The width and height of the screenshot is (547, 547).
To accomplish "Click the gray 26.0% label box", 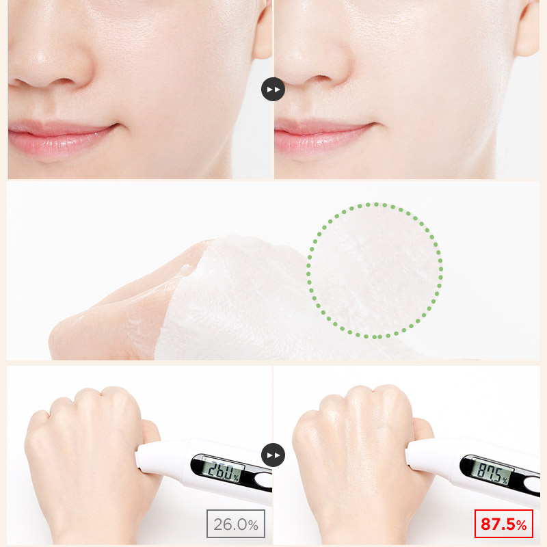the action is tap(236, 524).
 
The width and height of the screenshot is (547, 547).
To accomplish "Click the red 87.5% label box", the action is tap(503, 524).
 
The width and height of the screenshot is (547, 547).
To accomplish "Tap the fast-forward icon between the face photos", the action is tap(273, 90).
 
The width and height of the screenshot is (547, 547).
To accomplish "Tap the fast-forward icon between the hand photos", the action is tap(273, 455).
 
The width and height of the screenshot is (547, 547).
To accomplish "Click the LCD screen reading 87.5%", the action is tap(492, 472).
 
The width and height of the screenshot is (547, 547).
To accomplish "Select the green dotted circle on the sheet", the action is tap(375, 203).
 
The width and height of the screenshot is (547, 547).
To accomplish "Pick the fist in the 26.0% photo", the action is tap(91, 453).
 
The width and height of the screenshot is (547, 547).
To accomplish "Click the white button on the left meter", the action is tap(264, 481).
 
